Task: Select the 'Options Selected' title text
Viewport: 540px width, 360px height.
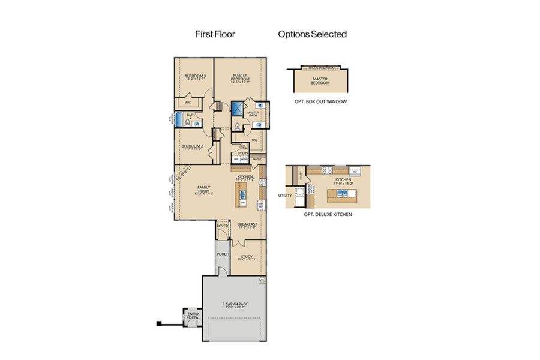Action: point(312,34)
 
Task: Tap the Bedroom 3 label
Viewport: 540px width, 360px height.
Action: point(194,77)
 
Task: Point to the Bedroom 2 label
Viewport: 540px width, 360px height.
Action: point(193,146)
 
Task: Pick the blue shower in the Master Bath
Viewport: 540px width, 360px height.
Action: point(238,109)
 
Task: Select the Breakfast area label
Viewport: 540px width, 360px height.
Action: point(247,225)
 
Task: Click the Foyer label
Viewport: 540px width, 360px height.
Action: point(223,226)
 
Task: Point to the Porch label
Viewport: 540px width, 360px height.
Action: point(223,253)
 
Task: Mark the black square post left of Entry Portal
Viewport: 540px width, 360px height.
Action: point(160,324)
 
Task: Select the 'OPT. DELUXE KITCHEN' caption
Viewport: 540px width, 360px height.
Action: point(328,214)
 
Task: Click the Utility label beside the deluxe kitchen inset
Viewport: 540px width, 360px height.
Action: point(284,196)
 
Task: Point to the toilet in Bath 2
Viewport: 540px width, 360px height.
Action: point(188,124)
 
